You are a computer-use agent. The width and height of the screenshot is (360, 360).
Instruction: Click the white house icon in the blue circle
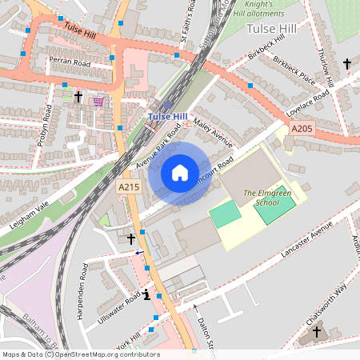[x=180, y=173]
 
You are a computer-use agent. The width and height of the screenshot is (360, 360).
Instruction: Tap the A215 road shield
[x=129, y=186]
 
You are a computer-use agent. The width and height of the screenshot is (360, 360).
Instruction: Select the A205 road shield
[x=302, y=129]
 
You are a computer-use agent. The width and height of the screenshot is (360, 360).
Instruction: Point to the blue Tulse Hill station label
[x=167, y=118]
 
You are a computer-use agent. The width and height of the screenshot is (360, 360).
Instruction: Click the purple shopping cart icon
[x=98, y=101]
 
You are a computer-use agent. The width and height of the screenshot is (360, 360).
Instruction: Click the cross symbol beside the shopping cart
[x=78, y=97]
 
